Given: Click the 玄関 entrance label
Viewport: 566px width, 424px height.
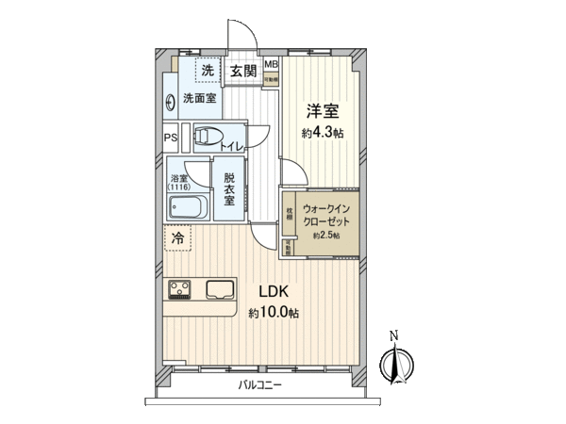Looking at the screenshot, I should click(x=242, y=71).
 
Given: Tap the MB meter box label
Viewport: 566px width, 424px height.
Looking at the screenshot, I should click(x=271, y=65).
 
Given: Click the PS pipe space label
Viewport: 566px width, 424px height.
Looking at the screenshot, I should click(x=171, y=139).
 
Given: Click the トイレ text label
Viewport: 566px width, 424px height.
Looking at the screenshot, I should click(x=232, y=146).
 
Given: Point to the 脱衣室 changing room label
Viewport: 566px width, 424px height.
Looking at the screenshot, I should click(x=229, y=189).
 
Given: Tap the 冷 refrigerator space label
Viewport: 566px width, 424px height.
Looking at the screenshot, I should click(x=177, y=239).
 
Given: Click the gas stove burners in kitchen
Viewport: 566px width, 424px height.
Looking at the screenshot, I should click(x=180, y=287).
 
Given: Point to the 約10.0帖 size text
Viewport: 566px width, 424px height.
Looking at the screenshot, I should click(x=274, y=312).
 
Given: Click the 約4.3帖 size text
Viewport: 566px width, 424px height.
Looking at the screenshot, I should click(x=323, y=133).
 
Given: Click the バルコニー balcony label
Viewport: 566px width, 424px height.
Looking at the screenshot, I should click(x=260, y=385).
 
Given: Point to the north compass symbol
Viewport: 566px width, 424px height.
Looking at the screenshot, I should click(x=395, y=362).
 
